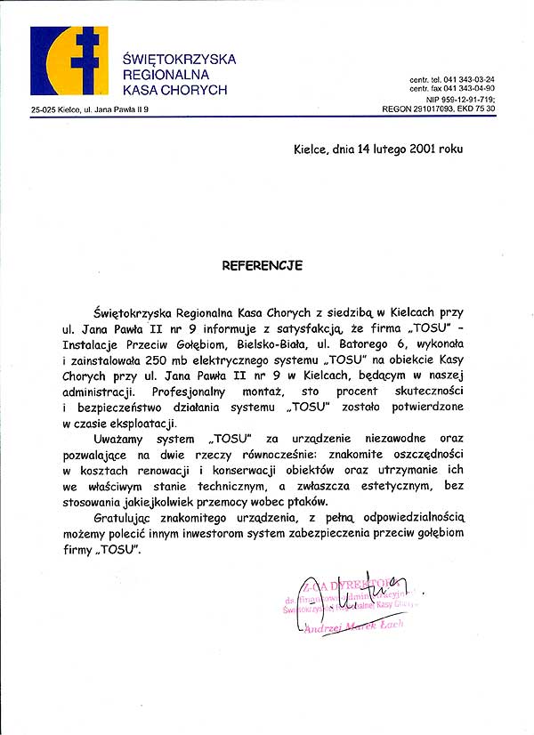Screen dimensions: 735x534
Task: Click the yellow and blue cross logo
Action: pyautogui.click(x=69, y=61)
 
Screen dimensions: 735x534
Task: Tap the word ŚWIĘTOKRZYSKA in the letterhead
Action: pyautogui.click(x=179, y=59)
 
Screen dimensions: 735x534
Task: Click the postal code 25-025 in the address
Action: pyautogui.click(x=44, y=109)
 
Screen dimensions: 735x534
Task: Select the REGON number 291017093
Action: pyautogui.click(x=433, y=109)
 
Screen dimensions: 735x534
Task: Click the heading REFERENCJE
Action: pyautogui.click(x=263, y=265)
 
